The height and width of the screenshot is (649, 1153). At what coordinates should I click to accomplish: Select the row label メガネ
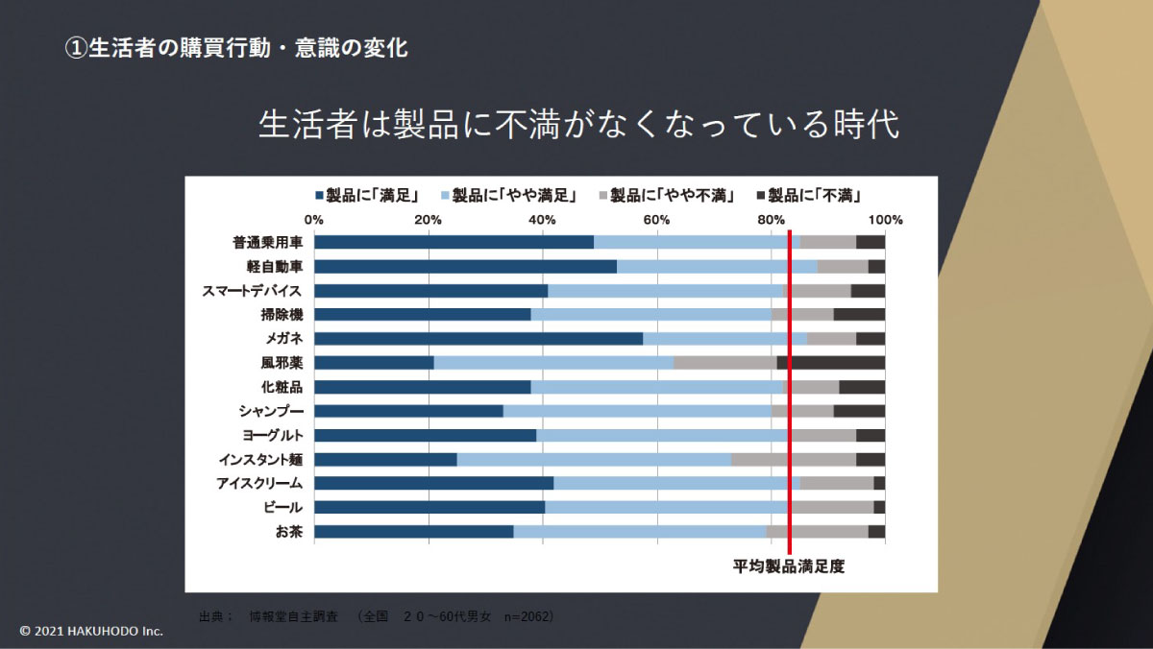click(284, 338)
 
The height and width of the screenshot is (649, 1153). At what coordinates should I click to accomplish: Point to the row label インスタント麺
click(259, 459)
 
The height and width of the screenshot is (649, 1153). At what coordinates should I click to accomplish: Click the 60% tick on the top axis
click(657, 220)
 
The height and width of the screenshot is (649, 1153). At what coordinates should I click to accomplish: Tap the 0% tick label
click(314, 220)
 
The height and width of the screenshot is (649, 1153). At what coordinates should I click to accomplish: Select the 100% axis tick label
click(884, 220)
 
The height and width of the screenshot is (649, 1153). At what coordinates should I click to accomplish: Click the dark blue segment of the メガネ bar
click(478, 338)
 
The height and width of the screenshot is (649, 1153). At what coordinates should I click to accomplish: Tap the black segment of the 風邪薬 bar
click(837, 363)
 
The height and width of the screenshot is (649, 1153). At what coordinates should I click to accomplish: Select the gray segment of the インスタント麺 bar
click(794, 459)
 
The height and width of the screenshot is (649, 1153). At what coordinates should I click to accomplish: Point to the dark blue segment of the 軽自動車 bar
click(466, 266)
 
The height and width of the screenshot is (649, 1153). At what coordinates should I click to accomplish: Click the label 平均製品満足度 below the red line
click(789, 566)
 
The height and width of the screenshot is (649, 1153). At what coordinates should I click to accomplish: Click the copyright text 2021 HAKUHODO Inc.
click(92, 631)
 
